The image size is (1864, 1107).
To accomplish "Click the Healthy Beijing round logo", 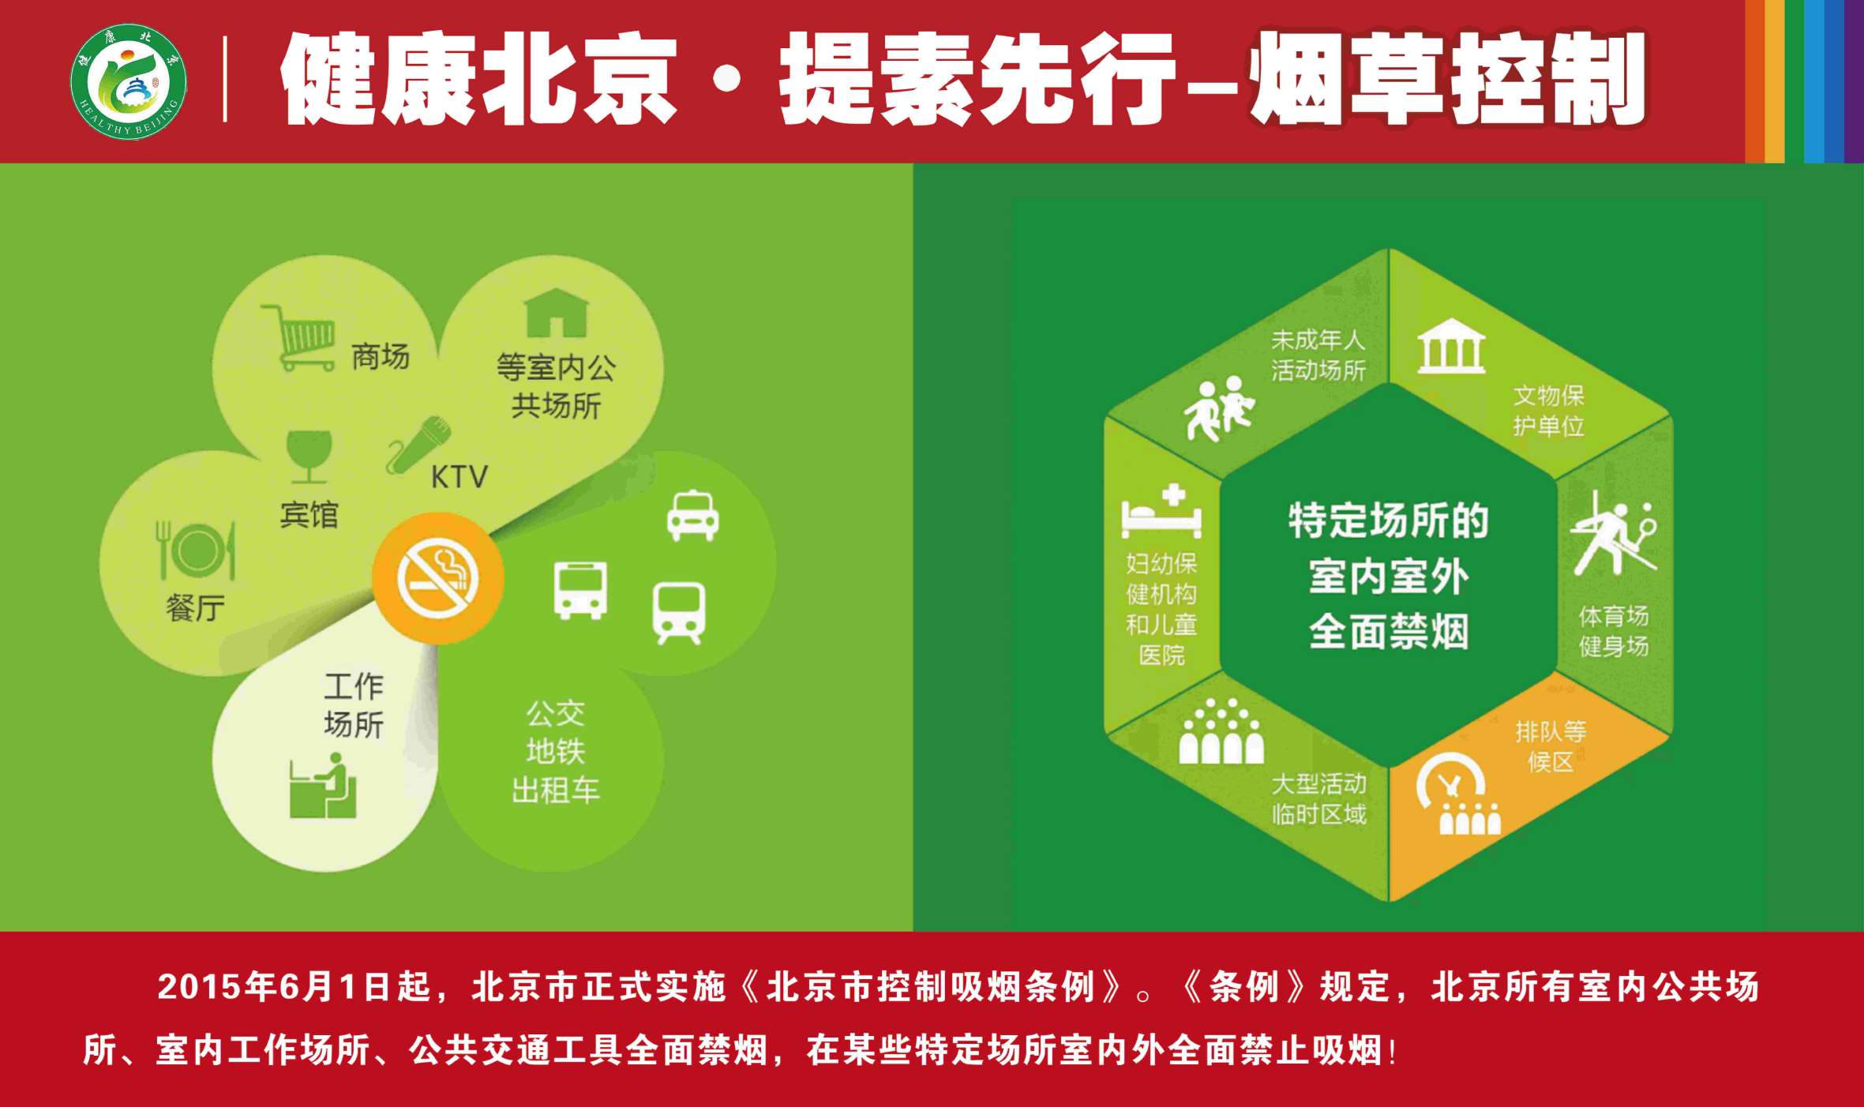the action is tap(129, 81).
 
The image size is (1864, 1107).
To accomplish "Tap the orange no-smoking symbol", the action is tap(437, 579).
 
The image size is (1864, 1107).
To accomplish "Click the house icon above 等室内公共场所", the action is tap(557, 313).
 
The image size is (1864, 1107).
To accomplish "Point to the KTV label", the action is tap(459, 477).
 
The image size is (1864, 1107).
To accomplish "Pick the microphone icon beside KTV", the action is tap(418, 445).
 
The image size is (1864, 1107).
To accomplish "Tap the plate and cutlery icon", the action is tap(196, 550).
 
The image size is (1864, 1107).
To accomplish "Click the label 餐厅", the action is tap(195, 608).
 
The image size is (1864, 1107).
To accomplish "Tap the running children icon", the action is tap(1219, 408).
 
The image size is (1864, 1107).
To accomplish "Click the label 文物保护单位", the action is tap(1548, 411).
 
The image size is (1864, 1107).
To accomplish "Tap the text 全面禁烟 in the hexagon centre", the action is tap(1389, 632).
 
